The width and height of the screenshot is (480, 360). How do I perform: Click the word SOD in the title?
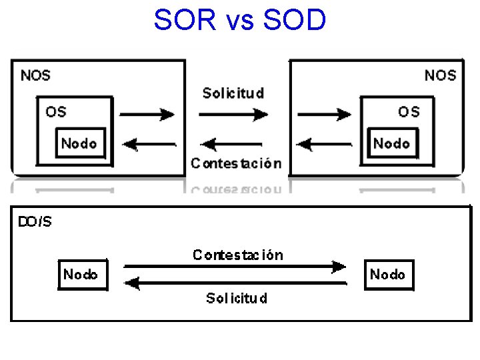coord(295,20)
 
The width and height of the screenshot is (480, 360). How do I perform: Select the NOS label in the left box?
coord(35,75)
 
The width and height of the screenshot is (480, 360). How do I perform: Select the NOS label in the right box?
coord(440,75)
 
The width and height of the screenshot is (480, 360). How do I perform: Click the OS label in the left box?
coord(56,111)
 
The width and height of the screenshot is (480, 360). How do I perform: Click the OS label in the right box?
coord(409,111)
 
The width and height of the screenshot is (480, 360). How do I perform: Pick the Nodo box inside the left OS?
coord(79,143)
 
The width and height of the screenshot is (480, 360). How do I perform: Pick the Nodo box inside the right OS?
coord(391,143)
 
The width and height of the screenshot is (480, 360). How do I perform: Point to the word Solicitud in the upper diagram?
coord(233,93)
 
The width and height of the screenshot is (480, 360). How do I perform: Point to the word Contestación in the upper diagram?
coord(236,163)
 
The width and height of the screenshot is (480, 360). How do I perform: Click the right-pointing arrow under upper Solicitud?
coord(233,115)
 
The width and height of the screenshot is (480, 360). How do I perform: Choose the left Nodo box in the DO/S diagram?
coord(81,275)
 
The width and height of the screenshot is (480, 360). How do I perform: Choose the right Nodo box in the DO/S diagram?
coord(388,275)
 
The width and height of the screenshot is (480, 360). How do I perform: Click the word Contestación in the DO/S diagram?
coord(238,255)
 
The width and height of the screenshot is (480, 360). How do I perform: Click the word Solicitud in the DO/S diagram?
coord(237,298)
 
